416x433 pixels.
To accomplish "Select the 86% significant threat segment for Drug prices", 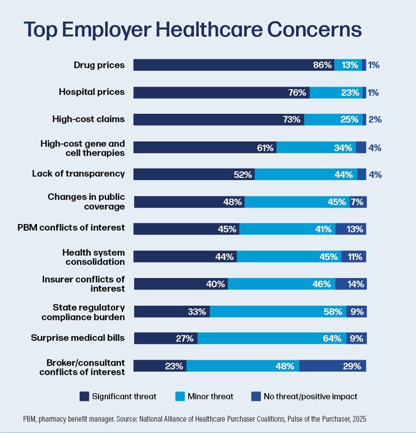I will click(233, 65).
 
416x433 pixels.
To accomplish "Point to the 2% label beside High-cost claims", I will click(375, 120).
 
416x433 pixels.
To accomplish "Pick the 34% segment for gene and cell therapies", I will click(316, 147).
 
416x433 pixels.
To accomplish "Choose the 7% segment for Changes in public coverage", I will click(357, 202).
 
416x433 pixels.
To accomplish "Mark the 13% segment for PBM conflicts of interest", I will click(350, 229).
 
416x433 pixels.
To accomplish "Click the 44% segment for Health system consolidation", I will click(185, 257).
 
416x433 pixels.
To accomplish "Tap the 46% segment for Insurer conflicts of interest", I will click(281, 284).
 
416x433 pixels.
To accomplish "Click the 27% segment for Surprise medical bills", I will click(165, 338).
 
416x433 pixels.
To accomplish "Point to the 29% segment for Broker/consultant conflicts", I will click(332, 366).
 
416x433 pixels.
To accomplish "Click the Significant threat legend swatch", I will click(84, 396).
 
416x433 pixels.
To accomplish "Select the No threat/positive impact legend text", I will click(310, 396).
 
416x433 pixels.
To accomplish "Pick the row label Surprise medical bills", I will click(77, 338).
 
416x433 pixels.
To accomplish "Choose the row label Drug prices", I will click(99, 65).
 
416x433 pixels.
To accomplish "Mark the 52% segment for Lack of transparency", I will click(194, 174).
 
